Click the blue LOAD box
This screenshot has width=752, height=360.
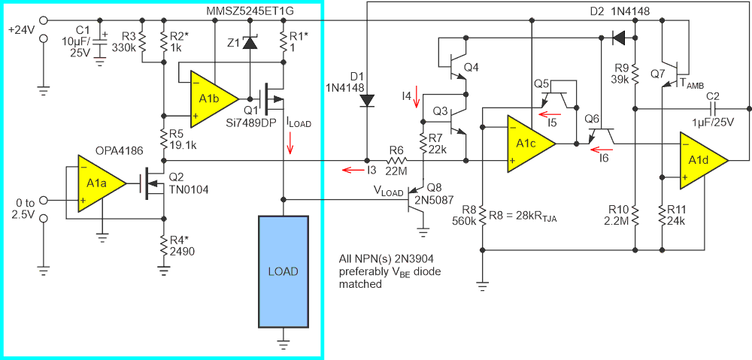coord(283,271)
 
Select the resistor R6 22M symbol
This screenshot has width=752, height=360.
coord(396,160)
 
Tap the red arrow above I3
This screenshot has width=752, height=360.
coord(350,171)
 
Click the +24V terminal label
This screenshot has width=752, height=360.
coord(20,29)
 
